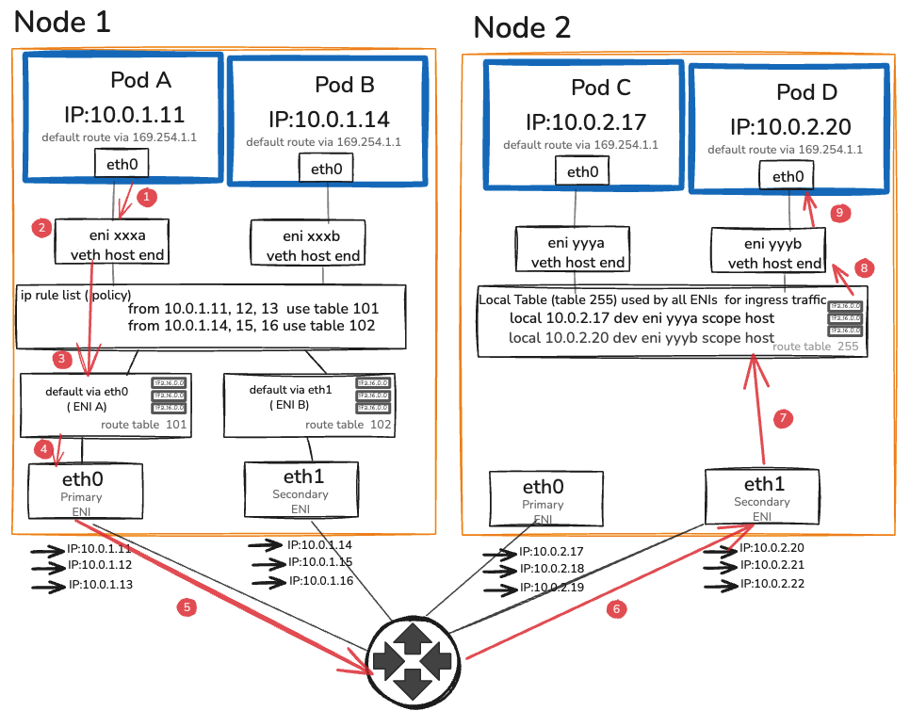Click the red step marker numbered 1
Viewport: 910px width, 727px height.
146,198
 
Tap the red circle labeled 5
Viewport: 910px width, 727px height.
187,607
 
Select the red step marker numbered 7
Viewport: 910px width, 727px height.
784,419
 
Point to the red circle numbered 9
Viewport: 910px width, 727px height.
841,213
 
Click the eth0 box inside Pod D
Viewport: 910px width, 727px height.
788,177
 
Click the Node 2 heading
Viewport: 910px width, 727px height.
522,27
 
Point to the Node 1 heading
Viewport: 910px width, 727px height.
63,23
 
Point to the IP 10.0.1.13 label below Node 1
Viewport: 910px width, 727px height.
100,585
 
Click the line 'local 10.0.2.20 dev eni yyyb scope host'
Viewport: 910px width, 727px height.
642,337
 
